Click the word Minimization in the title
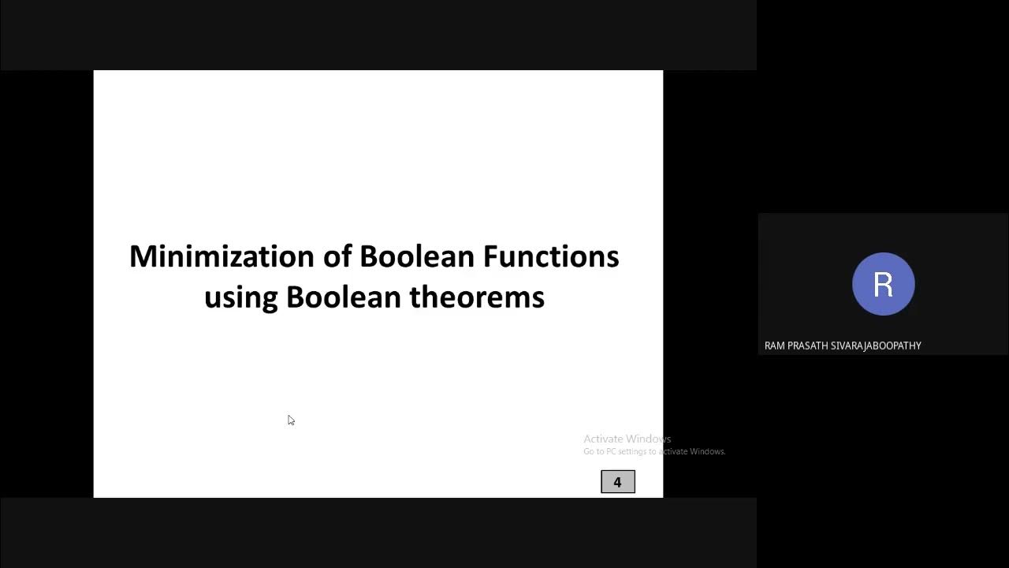222,256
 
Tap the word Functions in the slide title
551,256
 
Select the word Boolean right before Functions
417,256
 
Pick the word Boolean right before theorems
344,297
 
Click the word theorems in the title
477,297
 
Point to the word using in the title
240,298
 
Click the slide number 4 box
617,482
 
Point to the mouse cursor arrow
290,419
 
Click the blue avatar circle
883,284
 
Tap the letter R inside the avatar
883,284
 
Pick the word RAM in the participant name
774,346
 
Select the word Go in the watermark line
588,451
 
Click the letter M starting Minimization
140,256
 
